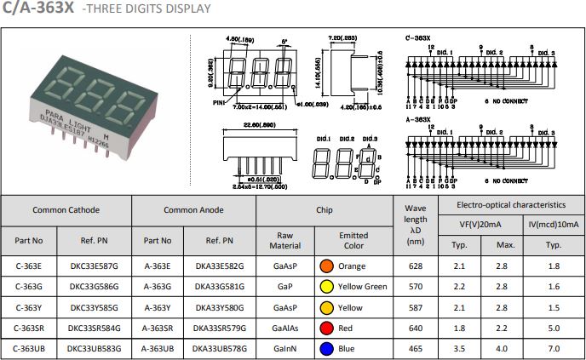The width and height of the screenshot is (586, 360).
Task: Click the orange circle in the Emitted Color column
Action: coord(325,266)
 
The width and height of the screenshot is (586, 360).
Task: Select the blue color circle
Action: coord(325,348)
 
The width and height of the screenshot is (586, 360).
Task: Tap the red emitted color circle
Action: coord(325,328)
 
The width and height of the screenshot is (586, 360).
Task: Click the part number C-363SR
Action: coord(33,328)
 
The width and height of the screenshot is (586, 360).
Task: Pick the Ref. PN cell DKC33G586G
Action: coord(94,287)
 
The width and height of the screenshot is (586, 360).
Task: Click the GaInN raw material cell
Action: coord(285,348)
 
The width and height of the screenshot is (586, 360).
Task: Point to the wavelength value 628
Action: coord(415,266)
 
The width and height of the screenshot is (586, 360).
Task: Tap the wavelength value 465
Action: coord(415,348)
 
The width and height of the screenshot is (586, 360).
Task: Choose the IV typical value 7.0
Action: coord(554,348)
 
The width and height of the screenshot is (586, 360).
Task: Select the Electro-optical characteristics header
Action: coord(510,205)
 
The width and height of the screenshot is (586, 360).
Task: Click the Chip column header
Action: coord(325,209)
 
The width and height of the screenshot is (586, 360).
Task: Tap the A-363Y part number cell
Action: coord(159,307)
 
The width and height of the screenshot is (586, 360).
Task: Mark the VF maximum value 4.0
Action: coord(505,348)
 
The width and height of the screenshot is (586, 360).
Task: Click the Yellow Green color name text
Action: coord(362,287)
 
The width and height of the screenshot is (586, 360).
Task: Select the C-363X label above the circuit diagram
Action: coord(417,39)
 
